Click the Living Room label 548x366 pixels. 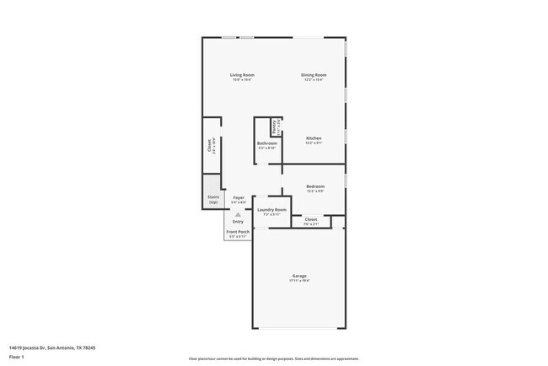(243, 75)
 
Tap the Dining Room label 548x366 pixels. (314, 75)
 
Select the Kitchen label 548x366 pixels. (314, 138)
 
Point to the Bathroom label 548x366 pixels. (267, 143)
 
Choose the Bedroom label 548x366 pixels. (314, 186)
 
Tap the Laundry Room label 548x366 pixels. (271, 209)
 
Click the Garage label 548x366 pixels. (299, 276)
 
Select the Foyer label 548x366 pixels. (239, 197)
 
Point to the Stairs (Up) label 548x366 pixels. (213, 200)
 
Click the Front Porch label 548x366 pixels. (238, 231)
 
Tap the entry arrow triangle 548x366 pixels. (239, 215)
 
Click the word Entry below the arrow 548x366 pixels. (239, 222)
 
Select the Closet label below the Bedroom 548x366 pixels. (311, 219)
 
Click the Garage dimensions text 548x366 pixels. (299, 281)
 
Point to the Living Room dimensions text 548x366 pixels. (243, 80)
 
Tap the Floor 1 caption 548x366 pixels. (18, 358)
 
